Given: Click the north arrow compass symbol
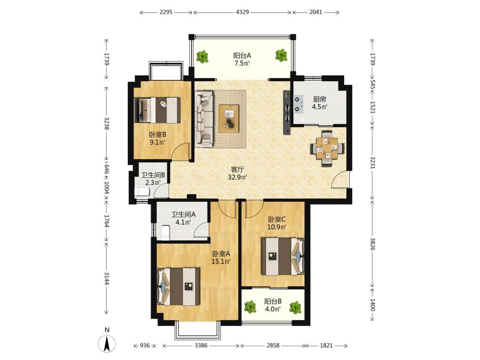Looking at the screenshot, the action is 107,343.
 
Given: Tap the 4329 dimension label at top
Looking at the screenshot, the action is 242,12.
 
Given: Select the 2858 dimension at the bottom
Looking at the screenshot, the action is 273,345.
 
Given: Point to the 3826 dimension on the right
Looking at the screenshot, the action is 372,244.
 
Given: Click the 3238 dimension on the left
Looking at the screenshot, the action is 107,123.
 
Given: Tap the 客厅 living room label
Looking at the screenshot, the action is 238,169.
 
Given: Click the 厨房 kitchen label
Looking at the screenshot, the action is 319,99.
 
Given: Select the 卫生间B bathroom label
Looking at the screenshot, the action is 153,175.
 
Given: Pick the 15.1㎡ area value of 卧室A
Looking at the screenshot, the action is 221,261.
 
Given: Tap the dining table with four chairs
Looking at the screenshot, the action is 327,148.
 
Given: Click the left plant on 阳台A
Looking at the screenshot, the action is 202,57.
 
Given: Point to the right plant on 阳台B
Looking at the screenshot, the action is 295,308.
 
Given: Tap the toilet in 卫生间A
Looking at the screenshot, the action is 165,232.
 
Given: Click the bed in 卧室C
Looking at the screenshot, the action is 283,256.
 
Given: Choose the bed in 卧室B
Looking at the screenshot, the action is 157,110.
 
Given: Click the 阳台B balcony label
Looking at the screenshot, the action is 273,301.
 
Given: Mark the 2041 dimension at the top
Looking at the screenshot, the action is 316,12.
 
